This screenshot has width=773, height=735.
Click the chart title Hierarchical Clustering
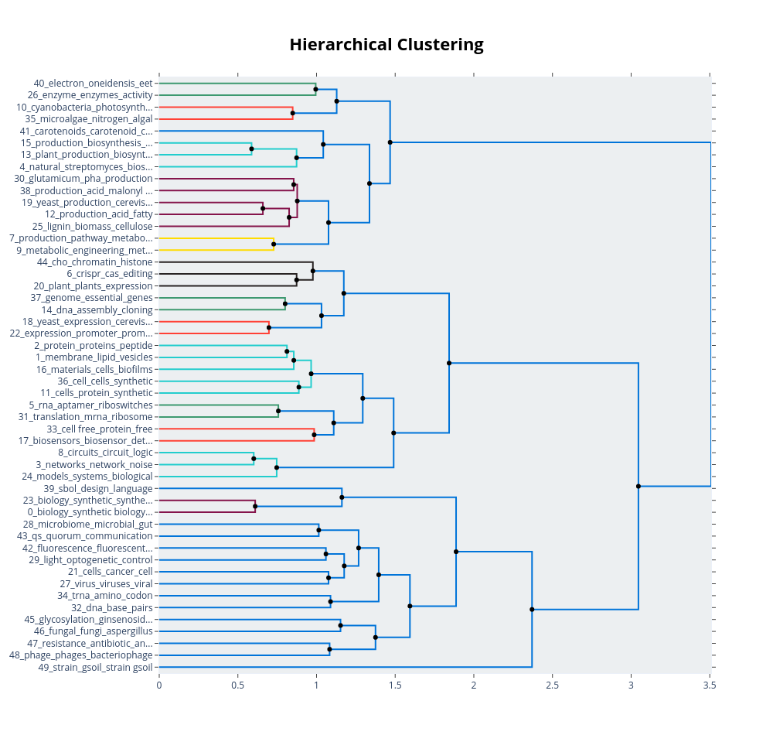tap(386, 45)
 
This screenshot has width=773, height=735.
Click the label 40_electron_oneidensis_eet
tap(93, 84)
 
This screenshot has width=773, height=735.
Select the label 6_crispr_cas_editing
tap(110, 274)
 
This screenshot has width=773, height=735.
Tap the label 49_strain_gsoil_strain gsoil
tap(95, 667)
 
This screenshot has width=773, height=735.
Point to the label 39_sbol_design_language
tap(98, 488)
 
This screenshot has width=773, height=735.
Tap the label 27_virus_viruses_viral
tap(106, 583)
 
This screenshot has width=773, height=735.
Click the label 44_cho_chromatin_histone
tap(95, 262)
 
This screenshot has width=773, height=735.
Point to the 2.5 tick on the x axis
tap(552, 685)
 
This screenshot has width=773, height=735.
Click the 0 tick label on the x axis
tap(159, 685)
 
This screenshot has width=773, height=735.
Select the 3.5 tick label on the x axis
tap(710, 685)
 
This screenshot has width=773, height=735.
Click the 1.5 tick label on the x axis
tap(395, 685)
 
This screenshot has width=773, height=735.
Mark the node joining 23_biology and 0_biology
tap(255, 506)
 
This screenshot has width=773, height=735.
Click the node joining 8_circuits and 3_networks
tap(254, 459)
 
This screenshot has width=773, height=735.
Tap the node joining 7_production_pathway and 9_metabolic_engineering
tap(274, 244)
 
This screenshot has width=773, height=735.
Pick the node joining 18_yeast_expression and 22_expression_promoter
tap(269, 328)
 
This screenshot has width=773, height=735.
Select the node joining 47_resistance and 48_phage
tap(329, 649)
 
